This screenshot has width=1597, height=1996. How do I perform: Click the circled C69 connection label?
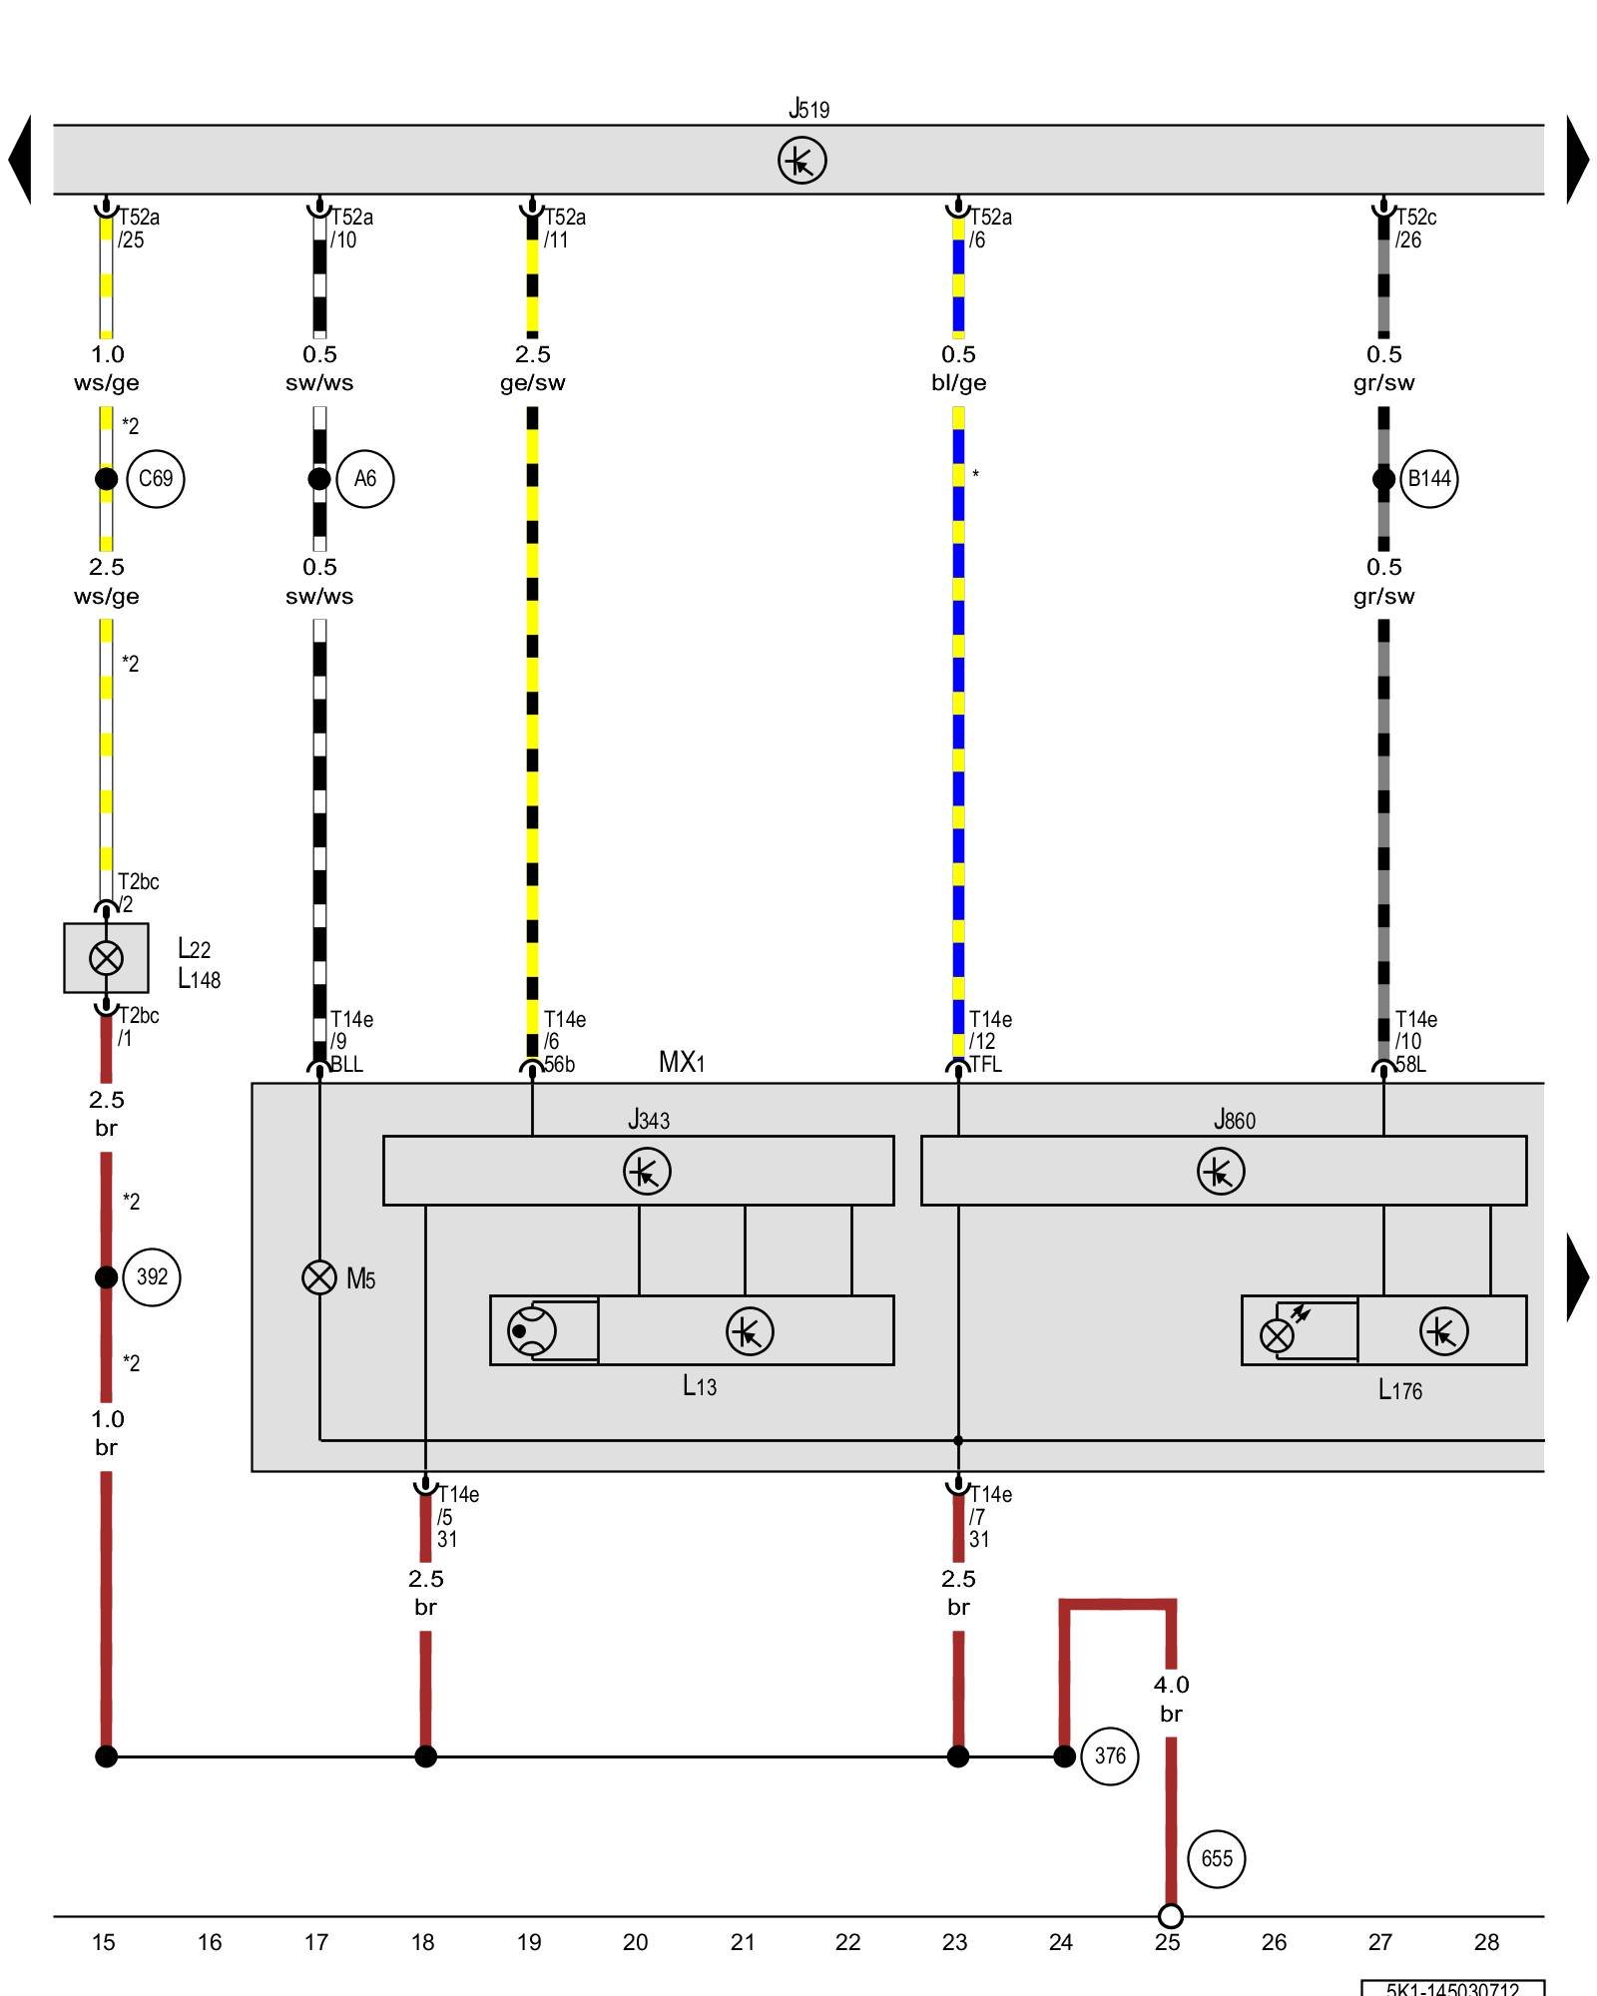tap(156, 479)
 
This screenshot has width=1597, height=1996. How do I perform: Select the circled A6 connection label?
tap(365, 479)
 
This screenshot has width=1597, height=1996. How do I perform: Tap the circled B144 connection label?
tap(1428, 479)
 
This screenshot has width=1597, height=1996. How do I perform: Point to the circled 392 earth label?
tap(152, 1277)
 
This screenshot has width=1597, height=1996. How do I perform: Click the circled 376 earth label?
tap(1110, 1756)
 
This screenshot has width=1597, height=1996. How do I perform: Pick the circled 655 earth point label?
tap(1217, 1858)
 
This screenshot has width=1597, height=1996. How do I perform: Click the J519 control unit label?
tap(808, 109)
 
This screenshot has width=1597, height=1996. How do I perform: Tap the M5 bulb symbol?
tap(319, 1277)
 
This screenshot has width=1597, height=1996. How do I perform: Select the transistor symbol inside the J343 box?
tap(647, 1171)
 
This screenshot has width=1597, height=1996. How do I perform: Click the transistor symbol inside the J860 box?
tap(1221, 1171)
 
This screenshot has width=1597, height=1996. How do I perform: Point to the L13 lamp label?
tap(700, 1386)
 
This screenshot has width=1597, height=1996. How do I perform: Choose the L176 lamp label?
tap(1399, 1390)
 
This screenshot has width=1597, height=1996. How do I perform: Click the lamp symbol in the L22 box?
tap(106, 958)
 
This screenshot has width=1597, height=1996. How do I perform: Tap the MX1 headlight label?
tap(682, 1062)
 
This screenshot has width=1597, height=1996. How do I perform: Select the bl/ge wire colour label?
tap(958, 383)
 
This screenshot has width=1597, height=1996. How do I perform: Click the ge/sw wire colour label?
tap(532, 383)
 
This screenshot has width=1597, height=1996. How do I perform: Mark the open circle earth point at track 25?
tap(1171, 1916)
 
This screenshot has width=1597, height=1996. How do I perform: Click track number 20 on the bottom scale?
tap(635, 1942)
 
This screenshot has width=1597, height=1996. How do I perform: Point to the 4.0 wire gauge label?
tap(1171, 1685)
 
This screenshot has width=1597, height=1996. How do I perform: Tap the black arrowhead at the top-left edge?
tap(20, 160)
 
